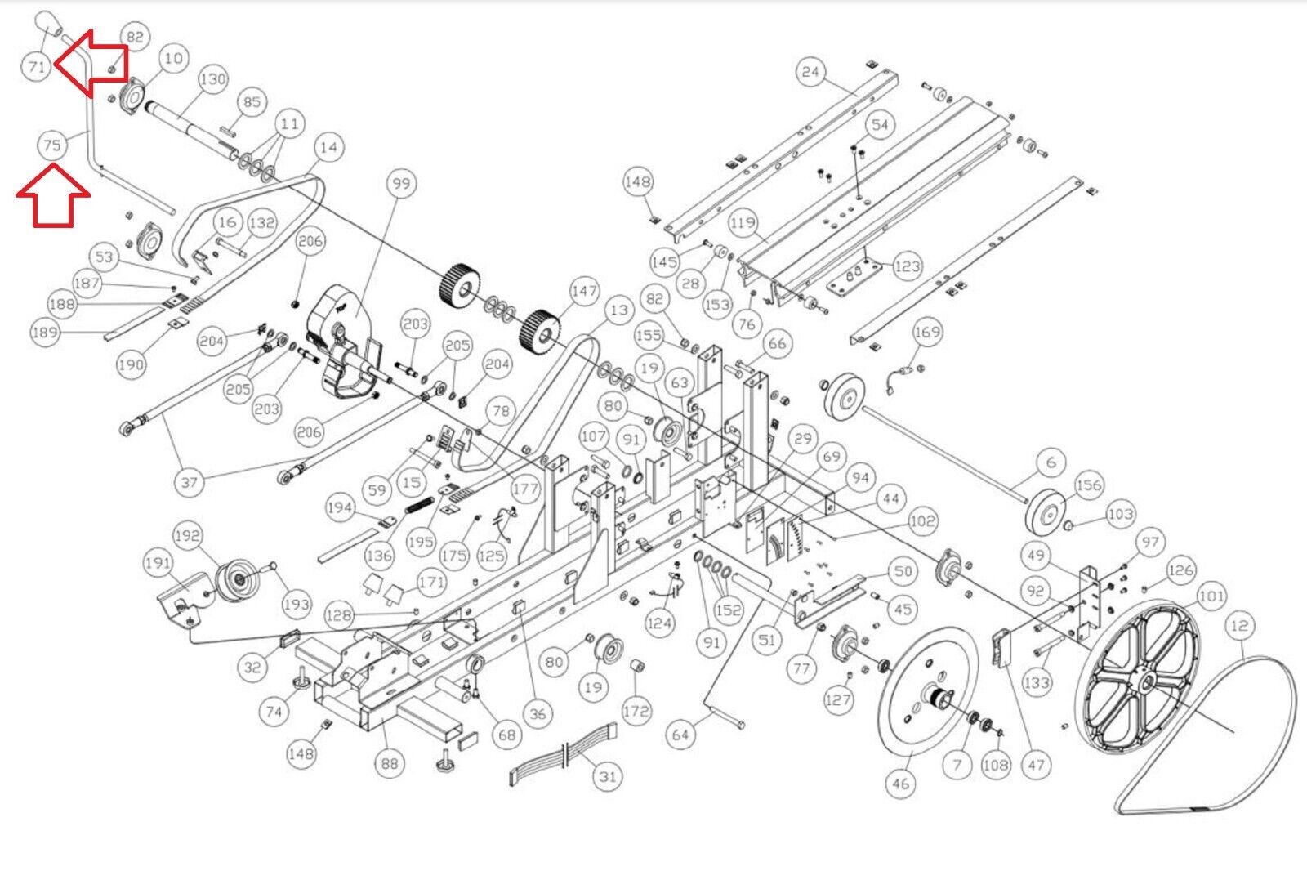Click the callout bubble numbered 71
[x=37, y=66]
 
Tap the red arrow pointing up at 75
[x=53, y=195]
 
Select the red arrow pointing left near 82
[x=91, y=62]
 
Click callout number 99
[x=401, y=183]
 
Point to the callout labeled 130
[x=213, y=78]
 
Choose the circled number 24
[x=810, y=72]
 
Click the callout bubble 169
[x=926, y=332]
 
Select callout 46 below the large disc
[x=900, y=783]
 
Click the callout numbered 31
[x=608, y=777]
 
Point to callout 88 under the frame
[x=389, y=763]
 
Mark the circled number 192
[x=187, y=535]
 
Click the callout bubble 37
[x=189, y=482]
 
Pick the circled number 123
[x=907, y=266]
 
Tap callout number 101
[x=1212, y=596]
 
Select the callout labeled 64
[x=680, y=735]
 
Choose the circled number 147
[x=584, y=291]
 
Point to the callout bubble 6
[x=1051, y=462]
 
